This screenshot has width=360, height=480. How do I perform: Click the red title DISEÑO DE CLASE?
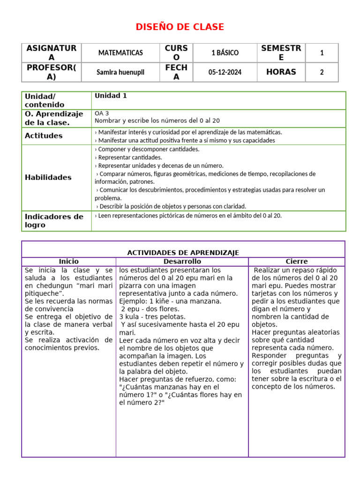[x=180, y=27]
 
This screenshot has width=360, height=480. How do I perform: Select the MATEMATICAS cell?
[x=120, y=53]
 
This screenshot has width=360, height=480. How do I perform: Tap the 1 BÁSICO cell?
[x=225, y=53]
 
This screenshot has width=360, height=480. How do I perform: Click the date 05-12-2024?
[x=225, y=72]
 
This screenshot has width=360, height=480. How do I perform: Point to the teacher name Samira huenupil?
[x=120, y=72]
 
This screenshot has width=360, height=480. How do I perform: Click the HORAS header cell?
[x=281, y=72]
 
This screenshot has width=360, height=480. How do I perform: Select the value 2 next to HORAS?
[x=322, y=72]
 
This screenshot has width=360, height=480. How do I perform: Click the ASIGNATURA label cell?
[x=51, y=52]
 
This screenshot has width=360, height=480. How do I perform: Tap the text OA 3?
[x=102, y=113]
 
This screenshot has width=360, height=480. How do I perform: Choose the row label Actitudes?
[x=43, y=135]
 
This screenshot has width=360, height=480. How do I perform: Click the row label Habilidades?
[x=48, y=177]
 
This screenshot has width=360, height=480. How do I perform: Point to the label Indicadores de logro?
[x=53, y=221]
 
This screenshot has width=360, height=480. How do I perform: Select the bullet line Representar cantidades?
[x=128, y=157]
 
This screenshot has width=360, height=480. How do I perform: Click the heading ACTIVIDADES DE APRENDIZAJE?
[x=183, y=253]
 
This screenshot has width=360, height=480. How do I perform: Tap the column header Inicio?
[x=68, y=261]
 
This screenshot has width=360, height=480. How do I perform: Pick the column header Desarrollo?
[x=182, y=261]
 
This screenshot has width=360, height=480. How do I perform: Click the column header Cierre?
[x=297, y=261]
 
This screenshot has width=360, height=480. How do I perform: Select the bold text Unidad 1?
[x=111, y=96]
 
